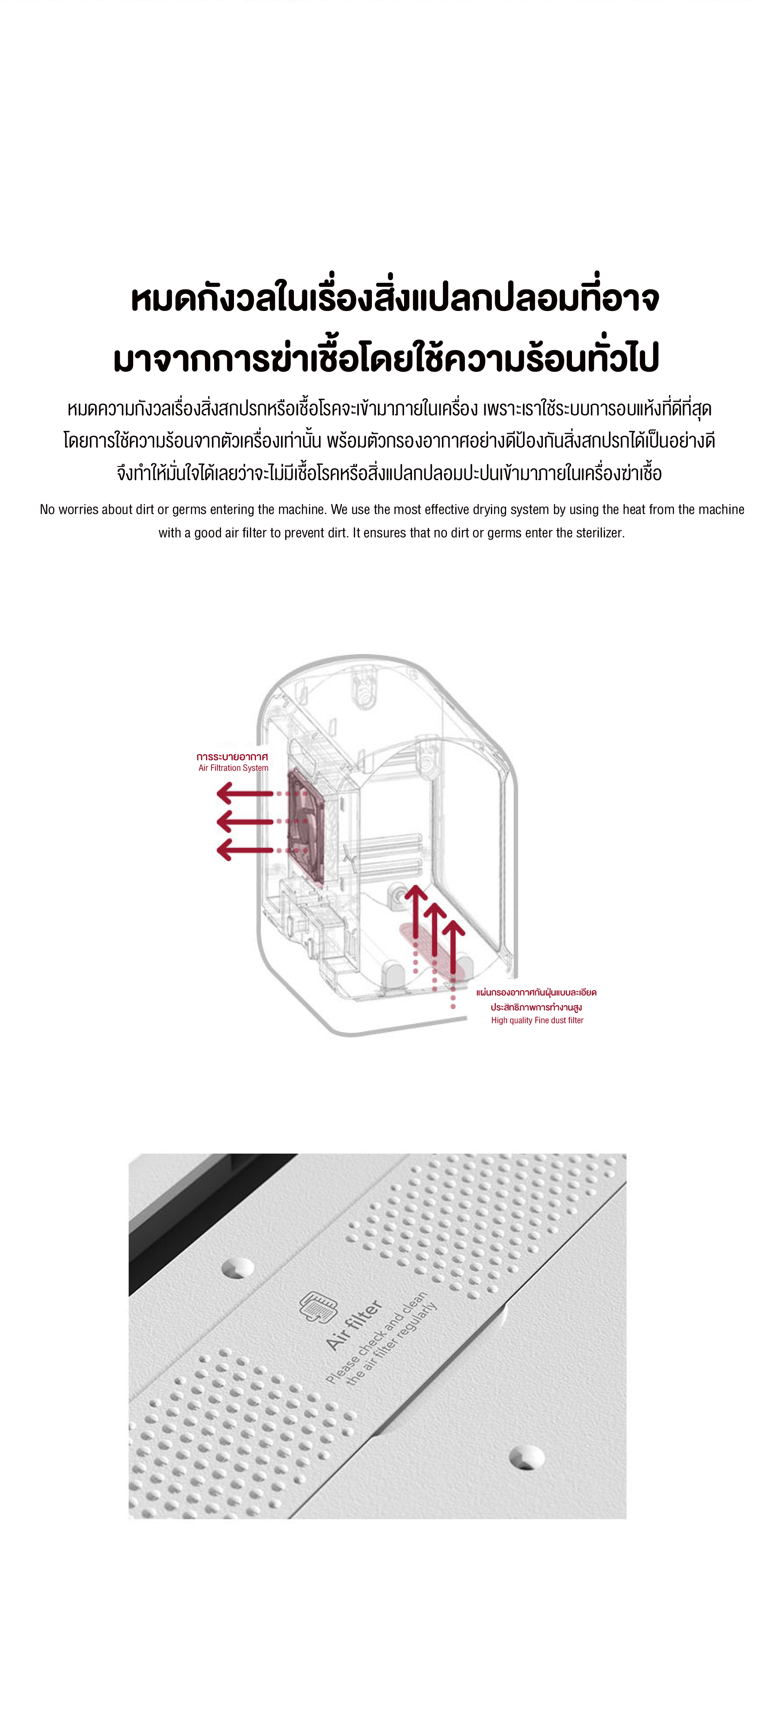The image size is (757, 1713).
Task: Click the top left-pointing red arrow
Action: coord(245,793)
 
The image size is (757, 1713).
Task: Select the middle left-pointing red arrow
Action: coord(245,822)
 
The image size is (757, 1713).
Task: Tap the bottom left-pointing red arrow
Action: coord(245,850)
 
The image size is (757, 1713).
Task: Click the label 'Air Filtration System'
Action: coord(234,768)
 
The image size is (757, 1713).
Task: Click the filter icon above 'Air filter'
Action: coord(319,1307)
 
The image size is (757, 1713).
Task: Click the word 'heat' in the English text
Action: coord(633,509)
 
